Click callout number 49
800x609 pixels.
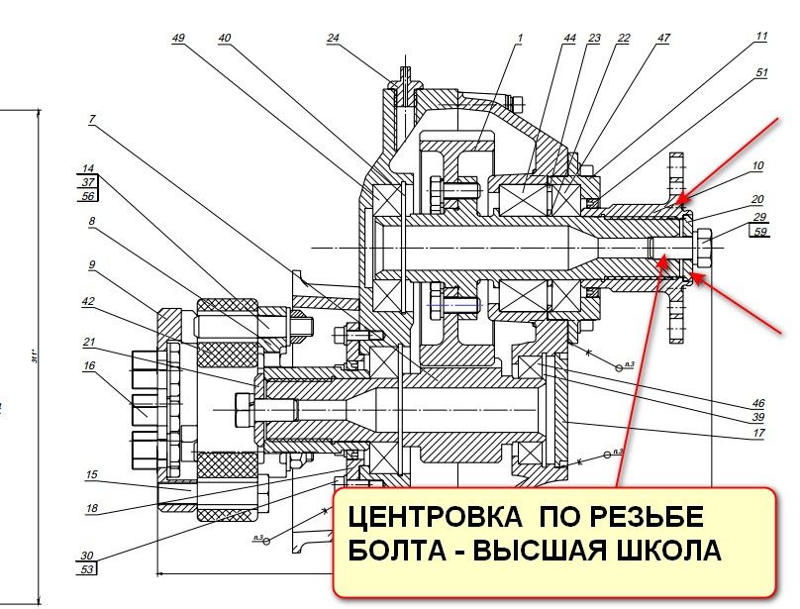[x=178, y=38]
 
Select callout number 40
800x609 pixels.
[x=225, y=38]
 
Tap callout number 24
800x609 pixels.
[x=333, y=38]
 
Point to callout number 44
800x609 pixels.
[x=569, y=38]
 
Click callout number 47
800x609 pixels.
[x=662, y=38]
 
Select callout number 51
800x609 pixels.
[x=760, y=72]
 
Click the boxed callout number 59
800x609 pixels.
[x=759, y=234]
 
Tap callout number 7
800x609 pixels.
[x=91, y=120]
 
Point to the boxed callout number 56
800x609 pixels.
[x=88, y=196]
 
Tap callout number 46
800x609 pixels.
[x=758, y=404]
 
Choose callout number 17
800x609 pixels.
[x=758, y=433]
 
